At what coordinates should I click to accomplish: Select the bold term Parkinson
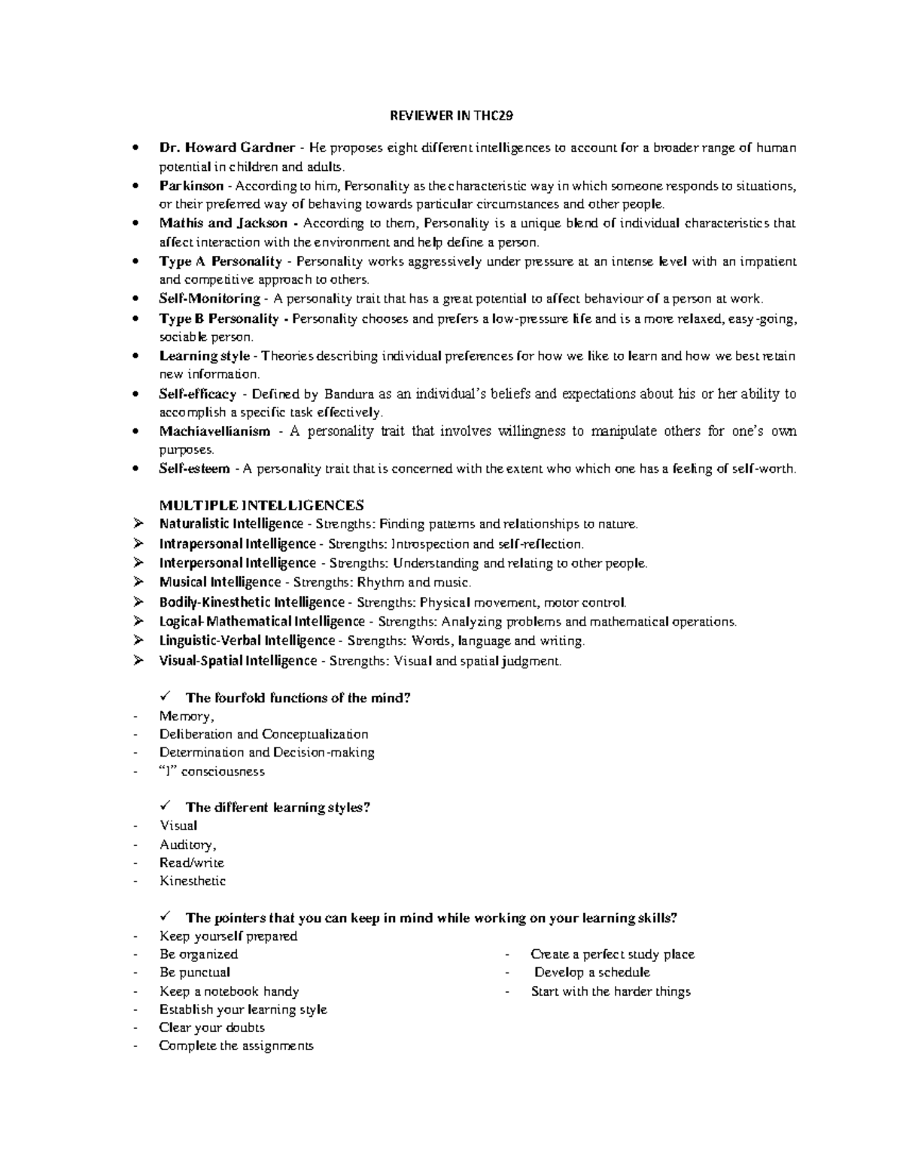pos(191,185)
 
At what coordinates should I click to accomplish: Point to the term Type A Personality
pos(220,261)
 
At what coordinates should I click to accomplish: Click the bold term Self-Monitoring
pos(209,299)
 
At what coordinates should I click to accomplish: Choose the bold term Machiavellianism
pos(214,431)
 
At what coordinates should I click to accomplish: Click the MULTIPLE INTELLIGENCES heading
pos(261,504)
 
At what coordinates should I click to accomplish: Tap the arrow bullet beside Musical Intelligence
pos(137,582)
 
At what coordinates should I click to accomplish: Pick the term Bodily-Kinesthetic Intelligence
pos(251,602)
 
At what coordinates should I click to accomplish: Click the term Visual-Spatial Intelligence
pos(238,661)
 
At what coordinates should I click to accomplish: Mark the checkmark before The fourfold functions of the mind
pos(167,696)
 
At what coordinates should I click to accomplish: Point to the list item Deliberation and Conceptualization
pos(263,734)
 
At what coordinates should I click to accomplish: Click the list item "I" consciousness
pos(211,772)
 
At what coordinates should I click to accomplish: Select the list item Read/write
pos(191,863)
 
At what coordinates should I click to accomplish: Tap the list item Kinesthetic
pos(192,881)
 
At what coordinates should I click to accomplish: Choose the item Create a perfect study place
pos(612,954)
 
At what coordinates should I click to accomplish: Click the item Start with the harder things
pos(610,991)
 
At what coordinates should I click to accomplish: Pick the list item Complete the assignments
pos(236,1046)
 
